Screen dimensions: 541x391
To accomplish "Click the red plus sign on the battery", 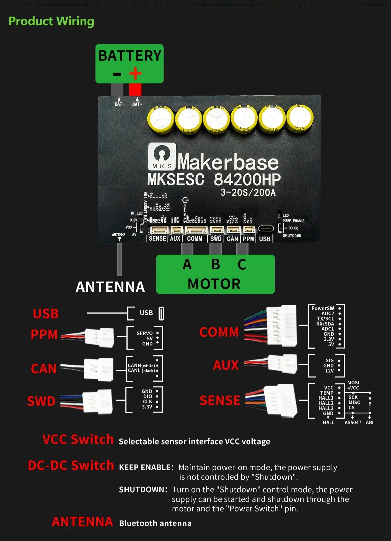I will point(135,73).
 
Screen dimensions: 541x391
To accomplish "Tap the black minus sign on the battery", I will point(117,74).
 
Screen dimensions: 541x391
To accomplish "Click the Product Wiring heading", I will point(51,21).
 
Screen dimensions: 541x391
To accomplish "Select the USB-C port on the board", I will point(266,229).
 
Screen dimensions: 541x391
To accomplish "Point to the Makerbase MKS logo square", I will point(162,156).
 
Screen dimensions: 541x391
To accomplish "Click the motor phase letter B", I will point(216,264).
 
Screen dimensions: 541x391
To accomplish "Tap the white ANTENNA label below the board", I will point(110,287).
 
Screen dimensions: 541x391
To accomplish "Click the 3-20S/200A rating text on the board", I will point(248,192).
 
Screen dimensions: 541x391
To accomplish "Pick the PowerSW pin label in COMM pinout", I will point(323,308).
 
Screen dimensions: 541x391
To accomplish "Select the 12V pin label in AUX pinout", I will point(329,371).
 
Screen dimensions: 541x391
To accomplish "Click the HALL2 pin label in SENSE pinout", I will point(326,403).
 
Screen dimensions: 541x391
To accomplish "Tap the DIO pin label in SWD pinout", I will point(147,396).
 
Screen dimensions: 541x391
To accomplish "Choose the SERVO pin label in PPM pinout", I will point(144,333).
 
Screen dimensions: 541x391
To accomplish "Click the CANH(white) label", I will point(141,366).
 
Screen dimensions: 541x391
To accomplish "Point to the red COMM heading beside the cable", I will point(219,332).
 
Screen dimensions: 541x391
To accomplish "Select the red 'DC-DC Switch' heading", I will point(71,466).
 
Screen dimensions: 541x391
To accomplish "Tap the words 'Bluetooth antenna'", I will point(155,523).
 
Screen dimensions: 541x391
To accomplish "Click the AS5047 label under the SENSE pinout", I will point(353,422).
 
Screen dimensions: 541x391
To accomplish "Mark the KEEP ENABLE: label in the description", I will point(146,468).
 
